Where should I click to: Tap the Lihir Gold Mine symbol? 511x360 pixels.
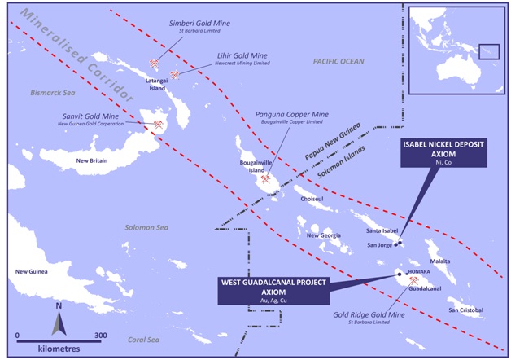pos(174,76)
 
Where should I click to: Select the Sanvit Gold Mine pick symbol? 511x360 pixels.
pos(158,125)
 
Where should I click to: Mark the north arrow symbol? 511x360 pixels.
pos(59,318)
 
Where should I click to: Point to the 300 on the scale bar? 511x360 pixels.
pos(100,335)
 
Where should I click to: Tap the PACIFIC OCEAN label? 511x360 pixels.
pos(338,61)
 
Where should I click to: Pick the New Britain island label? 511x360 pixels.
pos(93,161)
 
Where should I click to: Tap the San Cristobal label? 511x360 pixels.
pos(465,310)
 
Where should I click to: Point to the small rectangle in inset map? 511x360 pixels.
pos(487,51)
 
